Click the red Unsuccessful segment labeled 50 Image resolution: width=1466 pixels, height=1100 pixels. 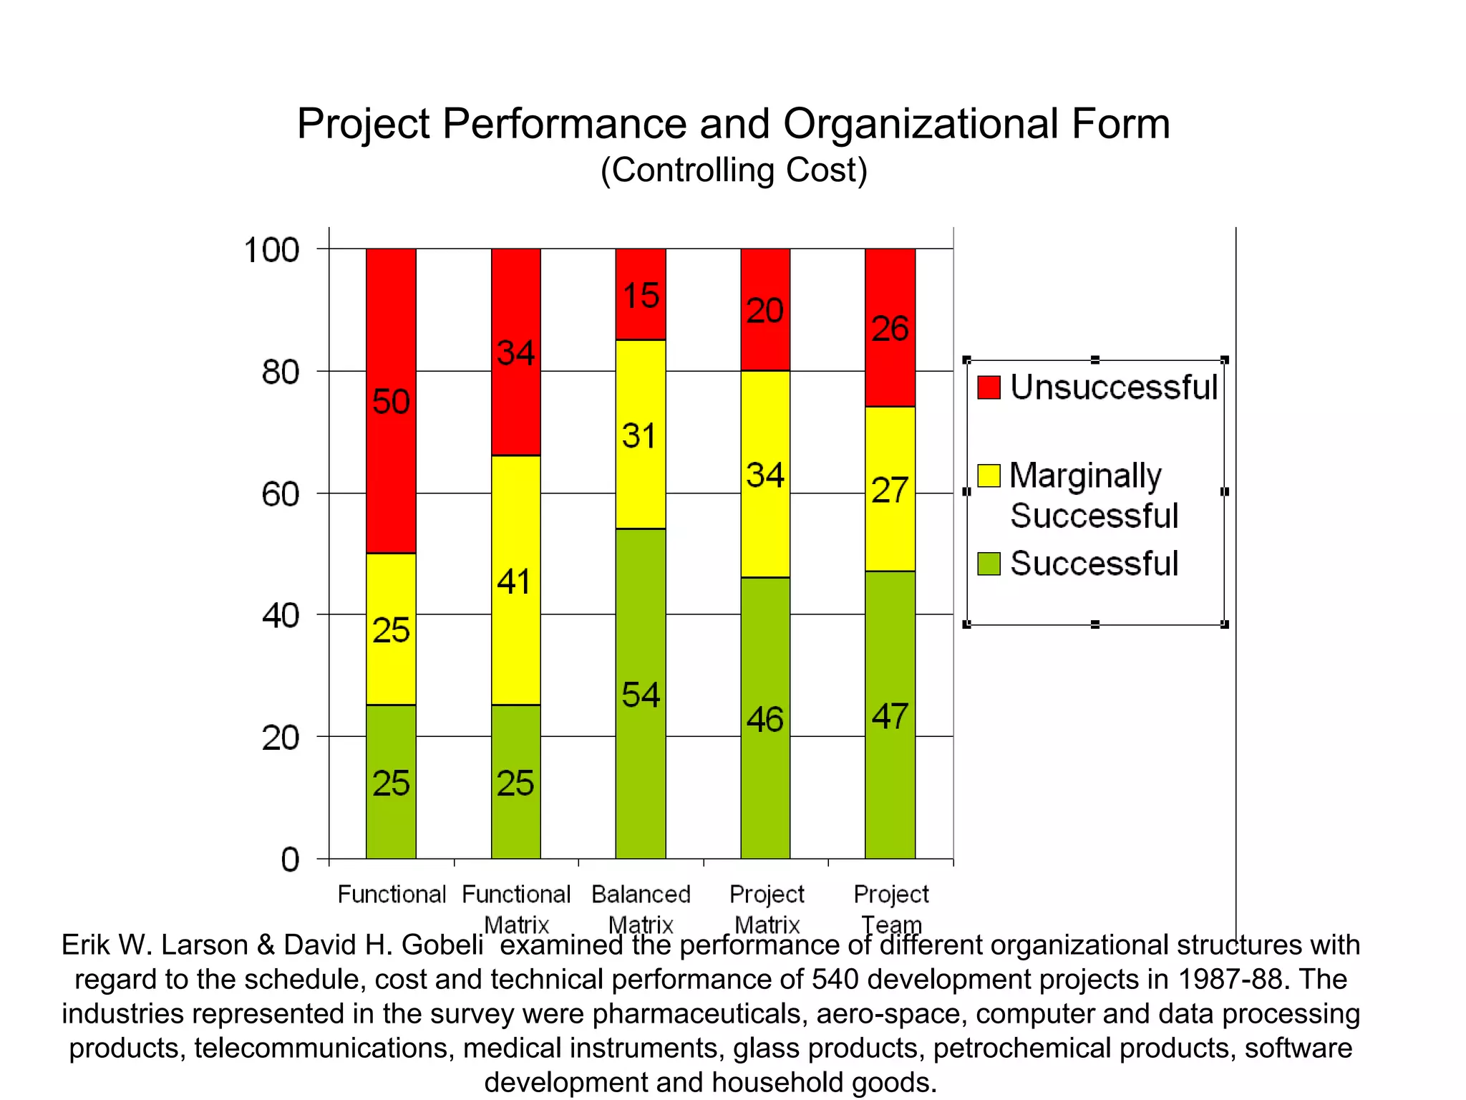[x=391, y=401]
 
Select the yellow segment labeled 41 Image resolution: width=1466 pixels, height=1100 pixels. [x=515, y=580]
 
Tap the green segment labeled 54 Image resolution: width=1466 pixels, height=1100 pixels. [x=641, y=693]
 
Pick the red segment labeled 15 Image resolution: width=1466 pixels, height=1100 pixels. [x=641, y=294]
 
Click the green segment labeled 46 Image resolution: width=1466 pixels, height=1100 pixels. [x=765, y=718]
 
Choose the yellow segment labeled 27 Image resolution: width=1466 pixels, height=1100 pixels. [x=890, y=489]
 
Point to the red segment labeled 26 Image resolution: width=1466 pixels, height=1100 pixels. [x=890, y=328]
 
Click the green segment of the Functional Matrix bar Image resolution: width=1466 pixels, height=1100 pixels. [x=515, y=782]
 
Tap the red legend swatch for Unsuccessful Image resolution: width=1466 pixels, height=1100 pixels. [x=989, y=387]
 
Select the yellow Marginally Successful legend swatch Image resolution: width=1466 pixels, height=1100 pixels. [x=989, y=476]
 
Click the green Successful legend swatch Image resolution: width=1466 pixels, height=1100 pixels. [x=989, y=564]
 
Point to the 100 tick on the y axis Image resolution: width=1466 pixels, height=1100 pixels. [x=271, y=250]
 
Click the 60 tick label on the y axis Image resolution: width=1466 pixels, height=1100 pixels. [x=281, y=494]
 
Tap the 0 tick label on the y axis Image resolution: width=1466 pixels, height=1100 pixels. [x=290, y=859]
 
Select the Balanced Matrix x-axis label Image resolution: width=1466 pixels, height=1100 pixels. [x=641, y=908]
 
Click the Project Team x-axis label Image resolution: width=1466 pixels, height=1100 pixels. [x=890, y=908]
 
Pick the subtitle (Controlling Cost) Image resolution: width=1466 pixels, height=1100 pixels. [x=734, y=170]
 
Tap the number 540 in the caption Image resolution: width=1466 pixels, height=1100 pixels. [x=835, y=979]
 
